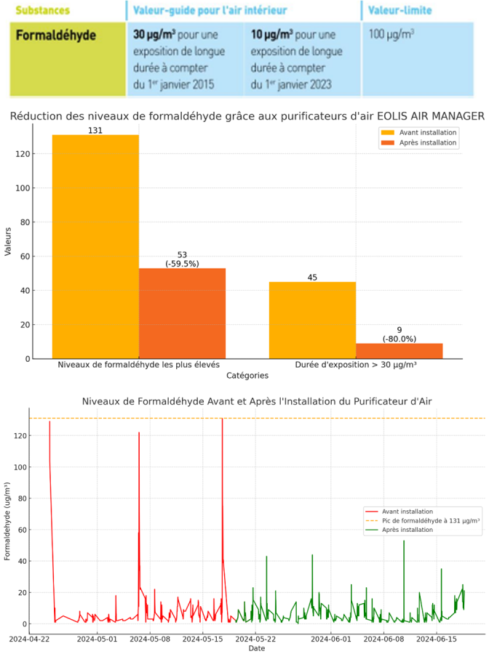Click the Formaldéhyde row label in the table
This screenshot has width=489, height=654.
click(x=56, y=35)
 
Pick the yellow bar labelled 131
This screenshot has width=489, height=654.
click(x=95, y=247)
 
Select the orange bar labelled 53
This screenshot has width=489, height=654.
click(x=182, y=313)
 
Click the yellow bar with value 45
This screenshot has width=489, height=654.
click(x=312, y=320)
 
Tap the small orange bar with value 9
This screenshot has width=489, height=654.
click(x=399, y=351)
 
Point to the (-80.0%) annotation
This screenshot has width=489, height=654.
click(x=399, y=339)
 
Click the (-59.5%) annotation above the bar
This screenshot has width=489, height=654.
click(x=182, y=263)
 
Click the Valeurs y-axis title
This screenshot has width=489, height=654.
click(x=9, y=241)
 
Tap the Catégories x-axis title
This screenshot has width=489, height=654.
click(x=247, y=376)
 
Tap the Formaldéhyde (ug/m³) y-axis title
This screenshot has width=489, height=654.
click(x=8, y=522)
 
